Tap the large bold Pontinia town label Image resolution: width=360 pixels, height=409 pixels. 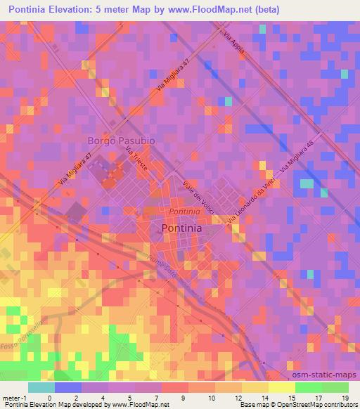[x=181, y=228]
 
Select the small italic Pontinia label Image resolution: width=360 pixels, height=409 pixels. [x=184, y=211]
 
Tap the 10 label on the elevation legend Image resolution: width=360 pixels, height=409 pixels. [x=208, y=396]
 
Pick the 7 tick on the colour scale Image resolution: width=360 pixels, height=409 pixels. [x=155, y=396]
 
